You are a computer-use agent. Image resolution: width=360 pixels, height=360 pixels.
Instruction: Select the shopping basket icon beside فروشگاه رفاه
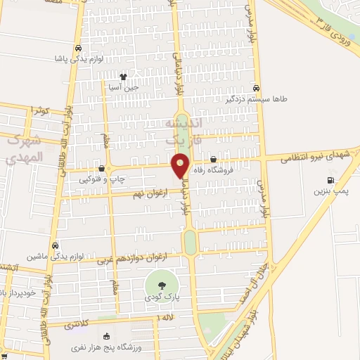213,159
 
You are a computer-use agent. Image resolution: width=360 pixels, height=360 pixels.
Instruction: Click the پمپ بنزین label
330,191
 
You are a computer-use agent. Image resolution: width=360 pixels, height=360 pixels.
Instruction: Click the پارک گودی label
162,298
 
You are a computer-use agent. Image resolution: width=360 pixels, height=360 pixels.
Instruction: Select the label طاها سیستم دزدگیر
257,99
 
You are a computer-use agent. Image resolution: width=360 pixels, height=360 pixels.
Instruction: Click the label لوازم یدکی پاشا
79,60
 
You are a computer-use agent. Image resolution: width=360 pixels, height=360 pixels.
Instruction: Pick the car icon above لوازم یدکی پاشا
78,49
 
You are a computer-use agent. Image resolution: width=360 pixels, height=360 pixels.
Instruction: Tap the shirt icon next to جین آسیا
124,77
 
